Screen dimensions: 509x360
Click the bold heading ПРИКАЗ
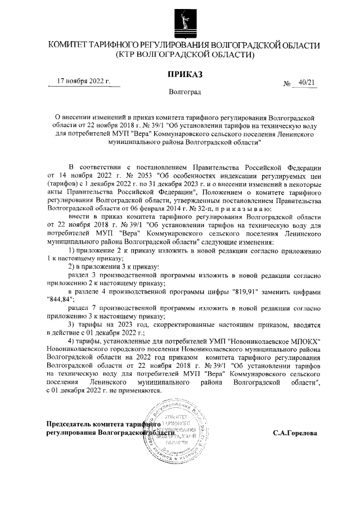coord(184,74)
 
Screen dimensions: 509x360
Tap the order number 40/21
coord(307,83)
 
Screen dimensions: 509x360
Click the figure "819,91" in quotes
coord(247,291)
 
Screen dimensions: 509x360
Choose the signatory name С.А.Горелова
coord(295,434)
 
